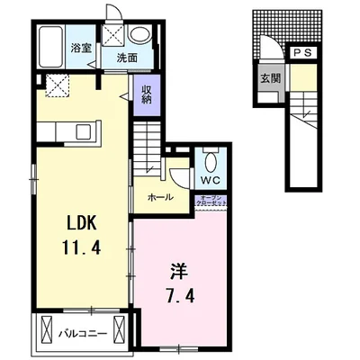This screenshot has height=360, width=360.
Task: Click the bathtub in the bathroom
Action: coord(52,49)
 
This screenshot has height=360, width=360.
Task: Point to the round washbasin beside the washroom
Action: coord(139,34)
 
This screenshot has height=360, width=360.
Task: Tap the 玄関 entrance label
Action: coord(270,77)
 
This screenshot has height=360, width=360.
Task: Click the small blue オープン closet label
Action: coord(214,201)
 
